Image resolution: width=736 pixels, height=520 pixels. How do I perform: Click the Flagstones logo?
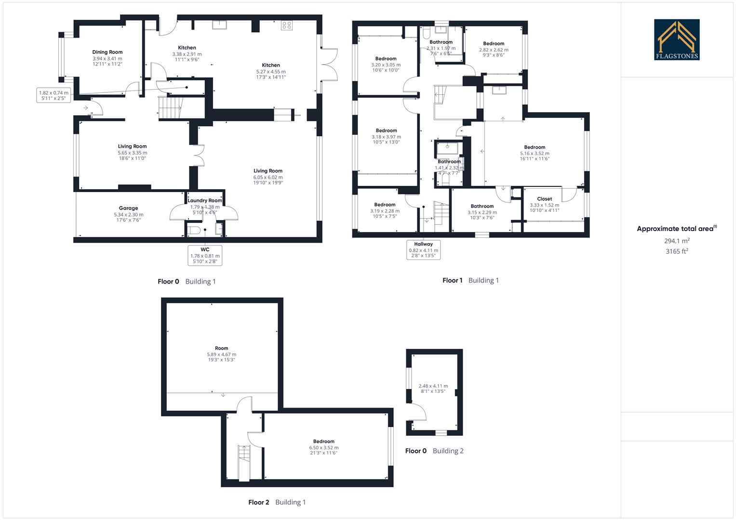click(677, 39)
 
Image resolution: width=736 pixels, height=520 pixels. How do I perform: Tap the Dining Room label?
click(107, 52)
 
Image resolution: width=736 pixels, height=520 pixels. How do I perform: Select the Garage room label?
click(128, 208)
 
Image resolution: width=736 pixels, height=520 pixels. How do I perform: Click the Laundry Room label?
click(205, 200)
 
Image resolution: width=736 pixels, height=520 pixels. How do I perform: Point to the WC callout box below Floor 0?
click(205, 256)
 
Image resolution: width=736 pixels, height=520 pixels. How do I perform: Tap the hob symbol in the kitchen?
click(287, 25)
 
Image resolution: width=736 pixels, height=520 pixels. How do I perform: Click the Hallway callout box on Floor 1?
click(424, 250)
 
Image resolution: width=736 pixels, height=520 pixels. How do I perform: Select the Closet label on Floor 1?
click(544, 199)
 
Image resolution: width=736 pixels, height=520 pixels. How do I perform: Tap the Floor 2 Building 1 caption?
click(277, 502)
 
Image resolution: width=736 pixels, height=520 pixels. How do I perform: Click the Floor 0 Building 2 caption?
click(434, 451)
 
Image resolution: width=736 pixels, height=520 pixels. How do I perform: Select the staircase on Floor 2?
click(244, 462)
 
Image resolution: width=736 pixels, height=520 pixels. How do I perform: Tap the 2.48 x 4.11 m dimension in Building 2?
click(433, 386)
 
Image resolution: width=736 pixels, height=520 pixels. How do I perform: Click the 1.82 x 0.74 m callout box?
click(54, 95)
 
